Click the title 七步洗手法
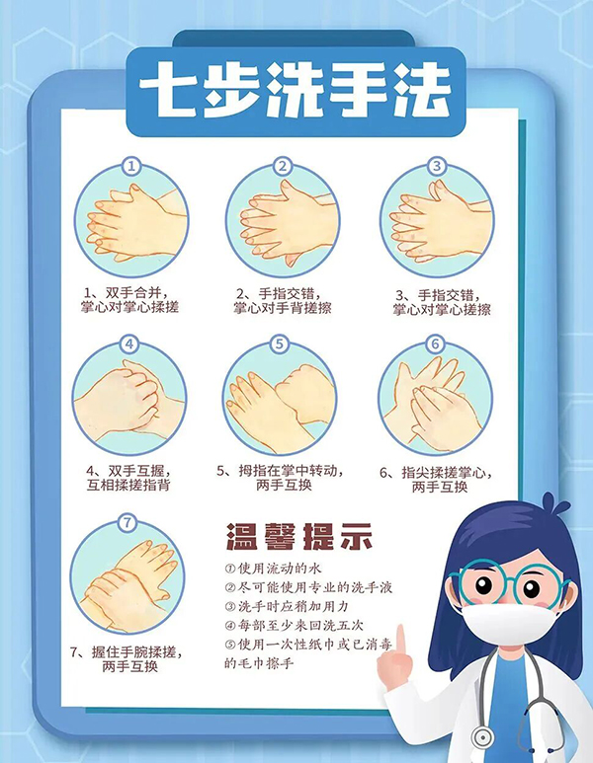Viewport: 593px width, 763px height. (x=295, y=90)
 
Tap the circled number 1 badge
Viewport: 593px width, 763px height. (x=131, y=167)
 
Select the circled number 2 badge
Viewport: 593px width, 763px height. (x=283, y=167)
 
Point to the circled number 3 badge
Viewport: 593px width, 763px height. (x=437, y=166)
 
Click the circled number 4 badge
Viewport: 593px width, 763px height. (x=129, y=344)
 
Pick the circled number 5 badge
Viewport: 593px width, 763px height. (x=279, y=344)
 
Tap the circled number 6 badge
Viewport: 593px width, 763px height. (x=435, y=344)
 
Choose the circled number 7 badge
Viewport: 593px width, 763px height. (x=127, y=522)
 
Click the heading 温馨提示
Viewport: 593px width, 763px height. (x=299, y=537)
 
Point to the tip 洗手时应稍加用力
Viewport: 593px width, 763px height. (x=287, y=606)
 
